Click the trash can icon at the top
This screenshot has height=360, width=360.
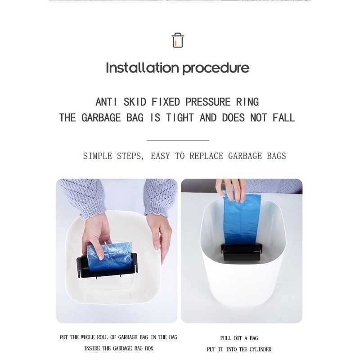coord(178,40)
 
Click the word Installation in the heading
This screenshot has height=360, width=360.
coord(142,68)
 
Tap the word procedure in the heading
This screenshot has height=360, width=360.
coord(216,68)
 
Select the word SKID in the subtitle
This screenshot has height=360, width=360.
coord(135,102)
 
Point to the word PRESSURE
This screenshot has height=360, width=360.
coord(208,102)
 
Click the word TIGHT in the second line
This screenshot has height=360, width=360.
coord(180,117)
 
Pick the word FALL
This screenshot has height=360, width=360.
coord(284,117)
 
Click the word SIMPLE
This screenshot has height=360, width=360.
coord(98,156)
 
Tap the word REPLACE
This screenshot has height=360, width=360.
coord(207,156)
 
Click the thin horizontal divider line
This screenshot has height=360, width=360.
coord(178,140)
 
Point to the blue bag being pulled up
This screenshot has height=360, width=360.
coord(242,218)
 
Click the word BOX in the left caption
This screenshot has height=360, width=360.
coord(149,348)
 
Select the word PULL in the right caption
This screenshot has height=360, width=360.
coord(226,338)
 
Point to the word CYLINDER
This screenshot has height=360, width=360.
coord(261,350)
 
